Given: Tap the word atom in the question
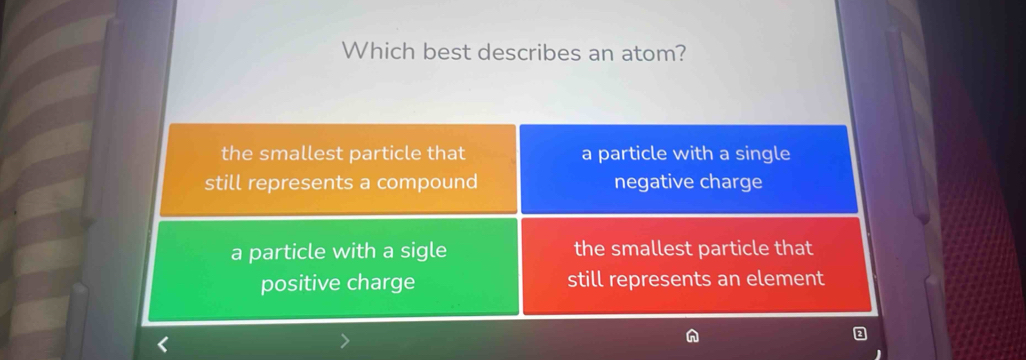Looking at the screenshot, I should coord(653,51).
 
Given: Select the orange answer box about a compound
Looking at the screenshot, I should coord(339,168).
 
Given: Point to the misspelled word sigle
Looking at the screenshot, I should coord(420,251).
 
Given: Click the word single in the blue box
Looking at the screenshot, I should coord(761,154).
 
